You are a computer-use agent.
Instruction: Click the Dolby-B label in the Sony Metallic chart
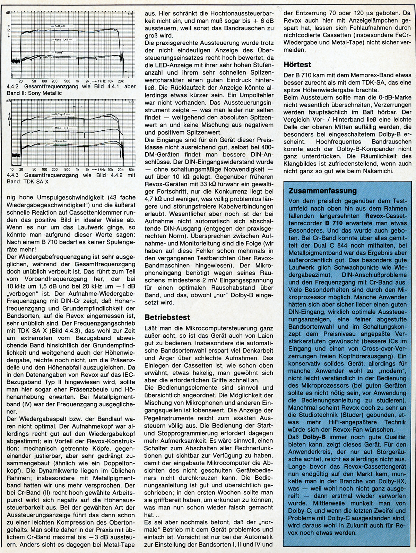[61, 26]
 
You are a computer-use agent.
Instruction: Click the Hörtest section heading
[297, 65]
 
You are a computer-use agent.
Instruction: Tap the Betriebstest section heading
[163, 317]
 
